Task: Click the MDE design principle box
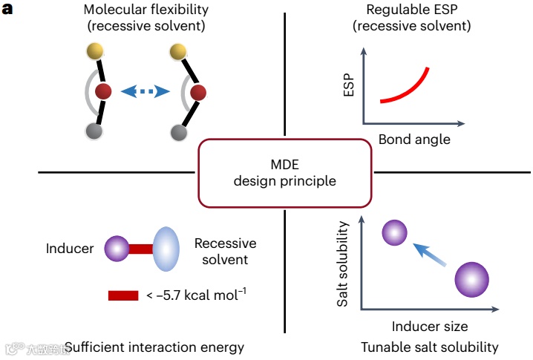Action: point(285,172)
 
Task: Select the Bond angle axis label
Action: point(413,139)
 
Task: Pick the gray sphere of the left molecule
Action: point(94,132)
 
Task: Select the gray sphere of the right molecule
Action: point(178,133)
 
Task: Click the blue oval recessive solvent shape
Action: point(166,248)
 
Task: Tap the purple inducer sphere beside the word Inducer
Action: point(117,248)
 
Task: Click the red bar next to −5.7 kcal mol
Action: point(123,295)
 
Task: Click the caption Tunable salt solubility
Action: point(430,347)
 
